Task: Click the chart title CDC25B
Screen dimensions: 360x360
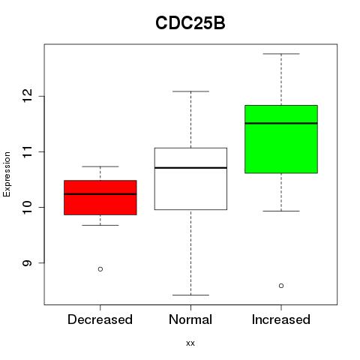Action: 190,23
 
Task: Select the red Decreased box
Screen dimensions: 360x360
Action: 100,197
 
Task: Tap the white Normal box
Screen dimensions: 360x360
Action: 190,178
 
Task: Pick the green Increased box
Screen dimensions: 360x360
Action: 281,139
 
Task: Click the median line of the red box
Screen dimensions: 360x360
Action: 100,194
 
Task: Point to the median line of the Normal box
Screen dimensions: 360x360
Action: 190,168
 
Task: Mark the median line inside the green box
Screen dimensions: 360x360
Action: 281,123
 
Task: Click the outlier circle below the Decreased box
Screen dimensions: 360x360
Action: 100,269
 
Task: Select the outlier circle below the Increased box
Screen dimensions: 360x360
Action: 281,286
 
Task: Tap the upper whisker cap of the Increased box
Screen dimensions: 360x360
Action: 281,54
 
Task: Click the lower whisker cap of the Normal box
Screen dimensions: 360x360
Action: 190,295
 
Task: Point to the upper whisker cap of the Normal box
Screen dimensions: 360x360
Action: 190,91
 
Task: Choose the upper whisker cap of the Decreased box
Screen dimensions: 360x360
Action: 100,166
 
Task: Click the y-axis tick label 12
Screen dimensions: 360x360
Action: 27,96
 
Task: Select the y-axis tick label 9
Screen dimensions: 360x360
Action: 27,263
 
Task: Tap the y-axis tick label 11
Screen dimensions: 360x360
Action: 27,151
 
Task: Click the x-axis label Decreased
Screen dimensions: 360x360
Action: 100,319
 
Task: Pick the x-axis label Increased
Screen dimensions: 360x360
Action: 281,319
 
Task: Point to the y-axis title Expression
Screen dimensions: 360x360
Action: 7,174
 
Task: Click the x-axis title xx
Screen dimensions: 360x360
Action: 190,343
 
